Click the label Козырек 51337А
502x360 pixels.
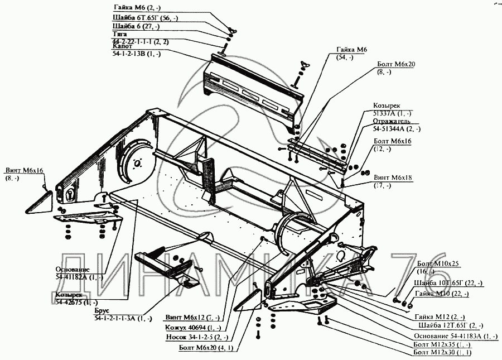(x=386, y=109)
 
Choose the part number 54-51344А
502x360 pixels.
(x=397, y=129)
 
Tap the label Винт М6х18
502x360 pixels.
(x=394, y=176)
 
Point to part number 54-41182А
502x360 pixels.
(x=79, y=277)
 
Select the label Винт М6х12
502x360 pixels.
(x=190, y=318)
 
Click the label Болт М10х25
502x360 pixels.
(x=436, y=267)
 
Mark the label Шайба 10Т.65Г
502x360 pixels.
(x=437, y=283)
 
